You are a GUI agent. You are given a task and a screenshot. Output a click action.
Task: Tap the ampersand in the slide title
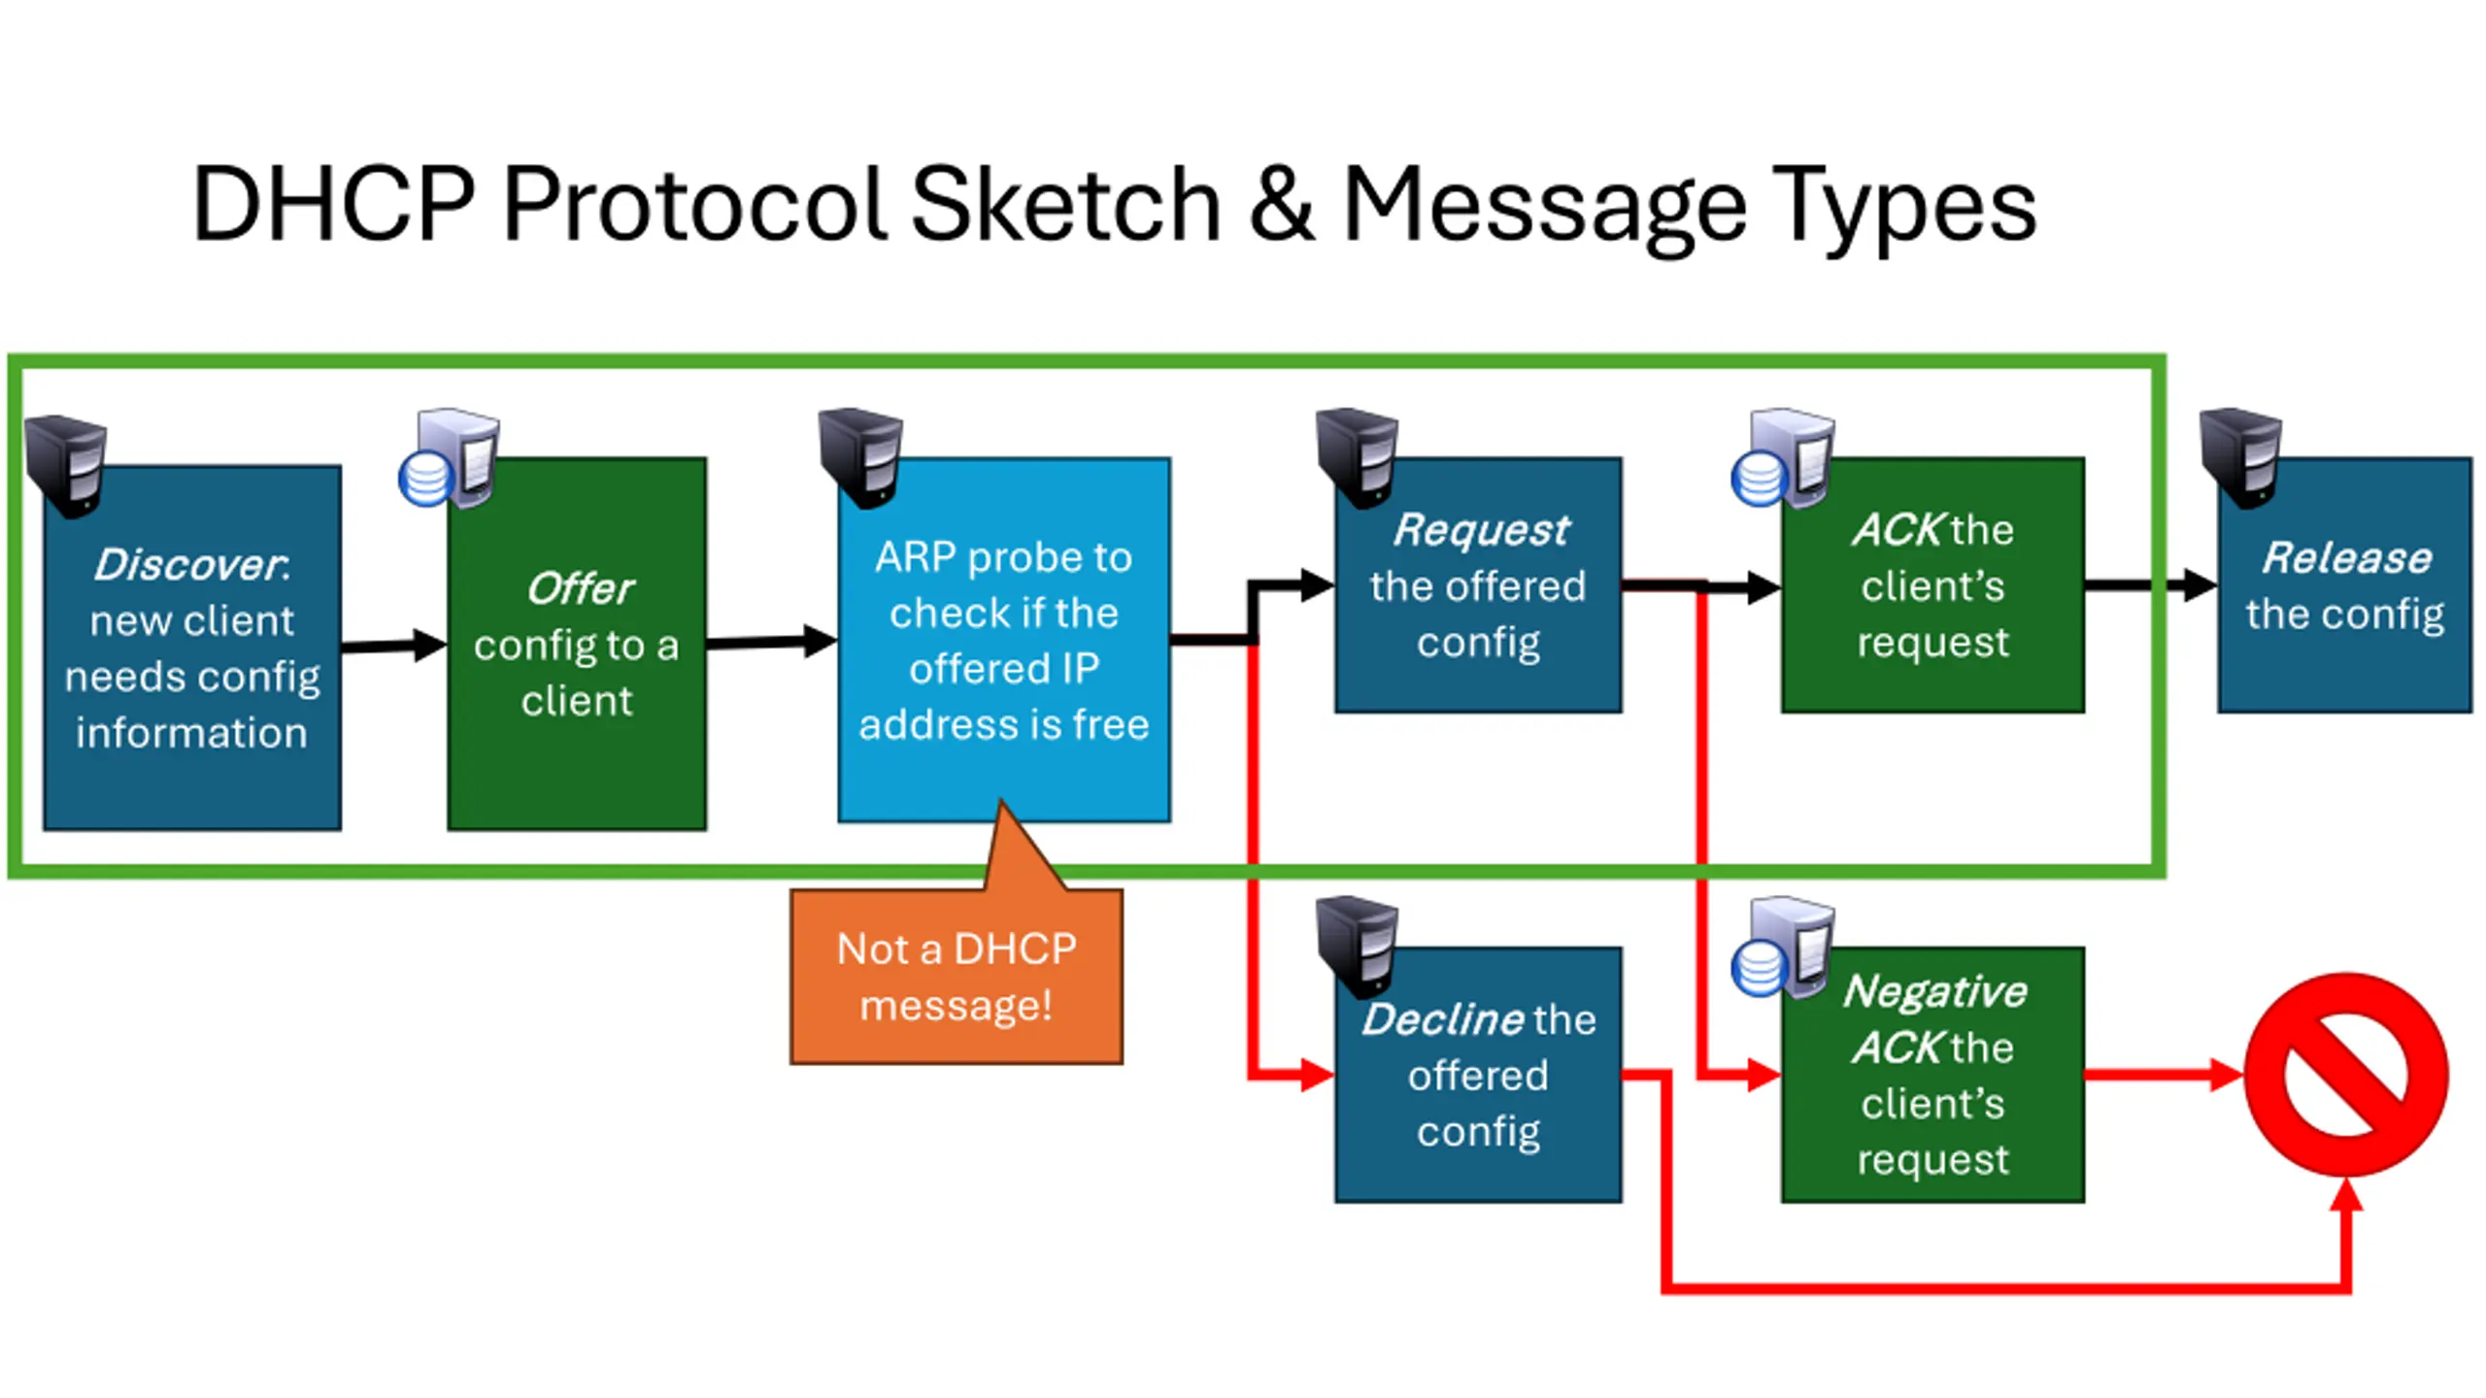point(1281,207)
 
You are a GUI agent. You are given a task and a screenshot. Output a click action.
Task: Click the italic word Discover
point(188,565)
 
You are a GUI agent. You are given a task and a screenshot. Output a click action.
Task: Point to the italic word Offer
point(580,588)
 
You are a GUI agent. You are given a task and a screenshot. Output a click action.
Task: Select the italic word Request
point(1481,530)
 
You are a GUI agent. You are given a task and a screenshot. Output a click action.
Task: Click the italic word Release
point(2346,558)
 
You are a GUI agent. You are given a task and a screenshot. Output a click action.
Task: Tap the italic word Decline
point(1442,1019)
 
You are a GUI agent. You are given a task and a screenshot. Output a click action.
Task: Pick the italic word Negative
point(1934,991)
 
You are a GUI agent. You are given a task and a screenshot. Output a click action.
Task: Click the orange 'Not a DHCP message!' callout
point(957,977)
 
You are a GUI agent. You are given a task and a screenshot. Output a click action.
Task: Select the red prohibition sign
point(2346,1075)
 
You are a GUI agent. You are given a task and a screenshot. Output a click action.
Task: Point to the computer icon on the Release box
point(2240,457)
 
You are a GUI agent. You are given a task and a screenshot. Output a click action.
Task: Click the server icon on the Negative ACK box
point(1783,948)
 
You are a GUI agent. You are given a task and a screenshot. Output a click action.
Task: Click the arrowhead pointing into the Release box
point(2200,585)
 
